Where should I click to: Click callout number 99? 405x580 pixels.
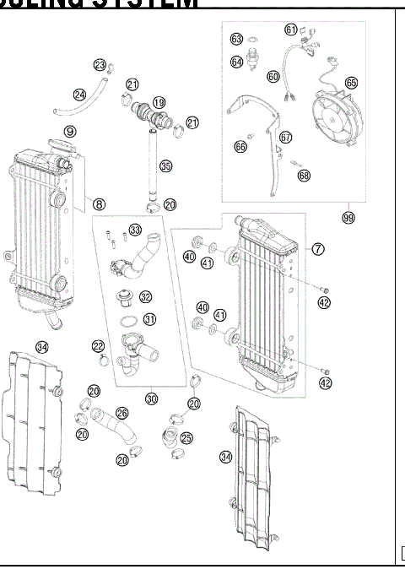[x=348, y=217]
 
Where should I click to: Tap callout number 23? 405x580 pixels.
[x=100, y=65]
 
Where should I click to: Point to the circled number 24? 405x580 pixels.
[x=79, y=95]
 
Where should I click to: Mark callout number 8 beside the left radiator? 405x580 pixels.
[x=100, y=203]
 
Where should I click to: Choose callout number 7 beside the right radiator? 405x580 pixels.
[x=317, y=249]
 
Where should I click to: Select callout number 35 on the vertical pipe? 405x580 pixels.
[x=166, y=166]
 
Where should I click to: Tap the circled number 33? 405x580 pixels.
[x=135, y=230]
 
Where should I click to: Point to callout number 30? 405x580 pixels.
[x=152, y=398]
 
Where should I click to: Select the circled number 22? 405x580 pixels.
[x=98, y=347]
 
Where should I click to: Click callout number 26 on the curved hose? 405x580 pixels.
[x=122, y=414]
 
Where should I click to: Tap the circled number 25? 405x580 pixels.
[x=186, y=437]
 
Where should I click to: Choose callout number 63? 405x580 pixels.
[x=237, y=39]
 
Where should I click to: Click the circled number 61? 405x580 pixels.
[x=291, y=30]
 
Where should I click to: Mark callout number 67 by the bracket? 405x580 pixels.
[x=285, y=138]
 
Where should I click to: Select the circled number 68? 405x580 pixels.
[x=304, y=176]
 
